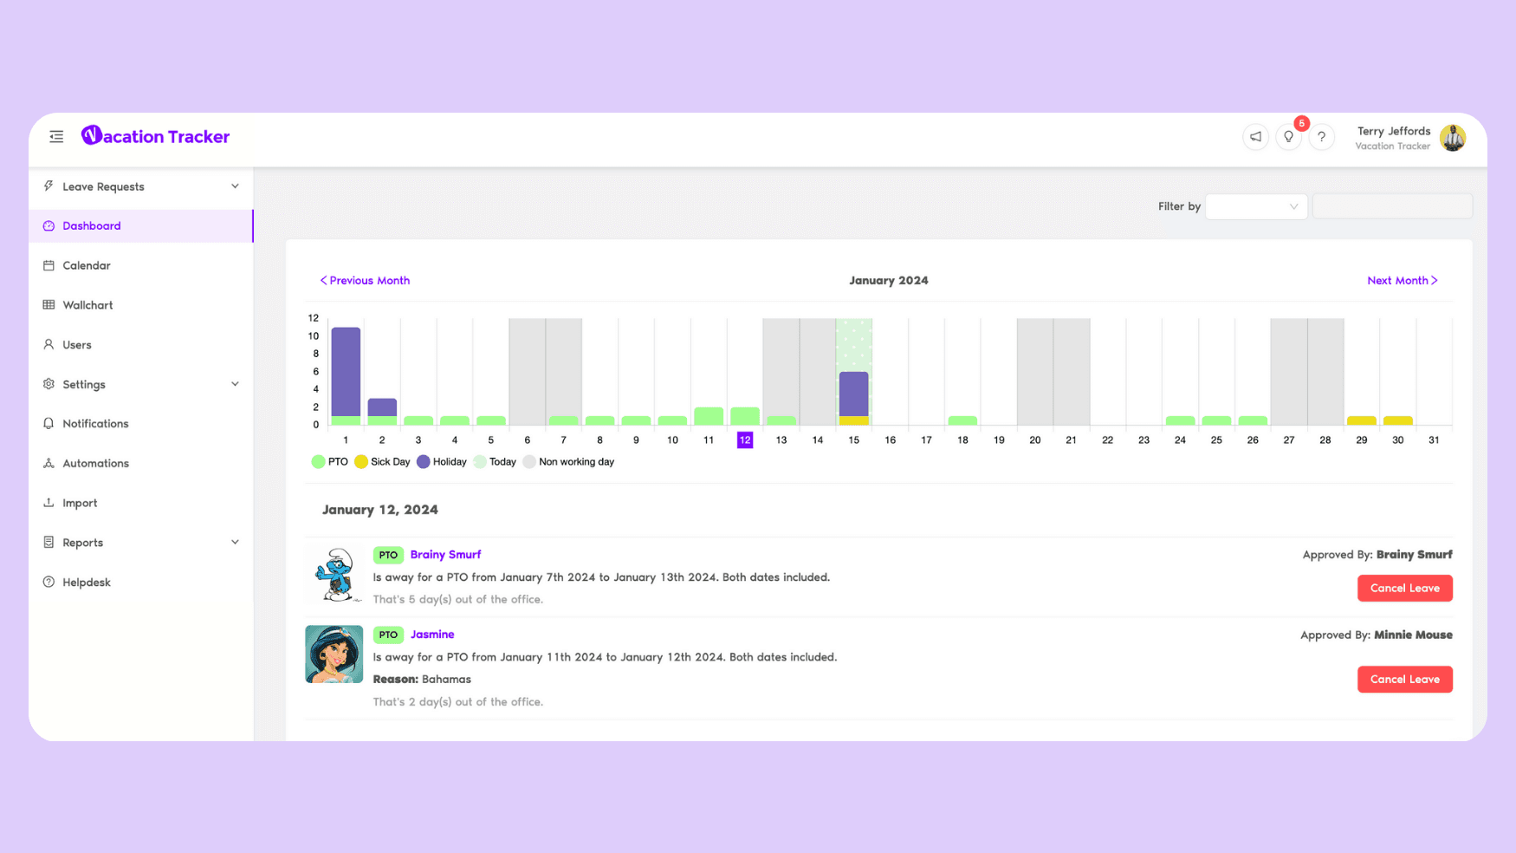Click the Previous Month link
click(365, 281)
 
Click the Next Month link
click(1403, 281)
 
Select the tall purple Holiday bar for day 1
click(346, 372)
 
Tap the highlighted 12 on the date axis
click(745, 440)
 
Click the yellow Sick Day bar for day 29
click(1362, 420)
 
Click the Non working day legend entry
click(568, 462)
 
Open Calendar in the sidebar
click(87, 265)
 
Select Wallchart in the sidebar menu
click(87, 305)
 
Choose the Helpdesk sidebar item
click(87, 583)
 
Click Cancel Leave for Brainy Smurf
click(1405, 589)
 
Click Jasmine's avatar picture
click(334, 654)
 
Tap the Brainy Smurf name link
click(445, 555)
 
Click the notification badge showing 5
click(1301, 123)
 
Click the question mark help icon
click(1322, 137)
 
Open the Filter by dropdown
click(1256, 206)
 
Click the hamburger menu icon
click(56, 137)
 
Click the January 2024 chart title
click(889, 281)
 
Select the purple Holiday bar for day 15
click(854, 394)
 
